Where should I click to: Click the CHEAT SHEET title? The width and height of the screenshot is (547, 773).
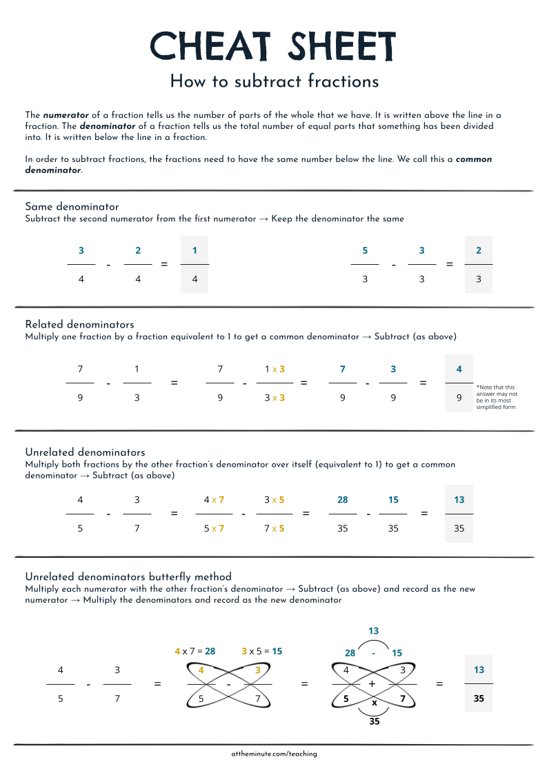273,47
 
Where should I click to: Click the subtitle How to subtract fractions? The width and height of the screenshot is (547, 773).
274,81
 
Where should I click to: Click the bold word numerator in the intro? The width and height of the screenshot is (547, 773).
66,115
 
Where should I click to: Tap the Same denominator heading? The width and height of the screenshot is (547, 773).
72,206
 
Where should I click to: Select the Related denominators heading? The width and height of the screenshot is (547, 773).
79,324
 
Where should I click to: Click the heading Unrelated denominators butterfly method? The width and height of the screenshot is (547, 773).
128,576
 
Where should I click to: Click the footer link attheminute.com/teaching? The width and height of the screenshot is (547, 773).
274,754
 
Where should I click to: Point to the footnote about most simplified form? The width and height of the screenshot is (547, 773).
496,397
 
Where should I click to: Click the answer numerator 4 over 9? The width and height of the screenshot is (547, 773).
459,369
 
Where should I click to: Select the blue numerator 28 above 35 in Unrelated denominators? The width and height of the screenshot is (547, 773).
343,500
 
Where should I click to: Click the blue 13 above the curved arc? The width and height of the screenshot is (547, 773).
373,631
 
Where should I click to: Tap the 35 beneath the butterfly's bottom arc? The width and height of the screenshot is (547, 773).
374,721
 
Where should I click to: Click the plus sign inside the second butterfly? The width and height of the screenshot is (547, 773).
372,684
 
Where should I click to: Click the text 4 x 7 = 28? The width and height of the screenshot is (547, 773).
195,651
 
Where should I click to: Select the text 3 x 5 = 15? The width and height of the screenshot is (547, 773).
262,651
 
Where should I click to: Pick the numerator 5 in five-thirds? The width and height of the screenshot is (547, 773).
365,250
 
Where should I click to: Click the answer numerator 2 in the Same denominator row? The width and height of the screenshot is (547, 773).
478,250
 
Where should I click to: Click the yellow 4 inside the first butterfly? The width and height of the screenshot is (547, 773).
201,670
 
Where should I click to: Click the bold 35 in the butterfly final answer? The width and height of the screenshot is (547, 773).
478,698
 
